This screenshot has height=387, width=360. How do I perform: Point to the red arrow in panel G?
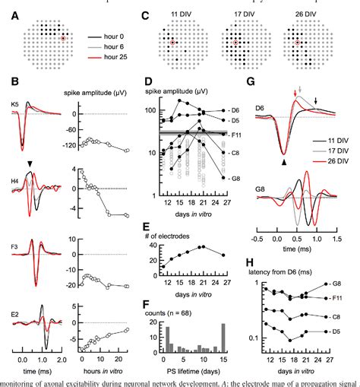point(295,94)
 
